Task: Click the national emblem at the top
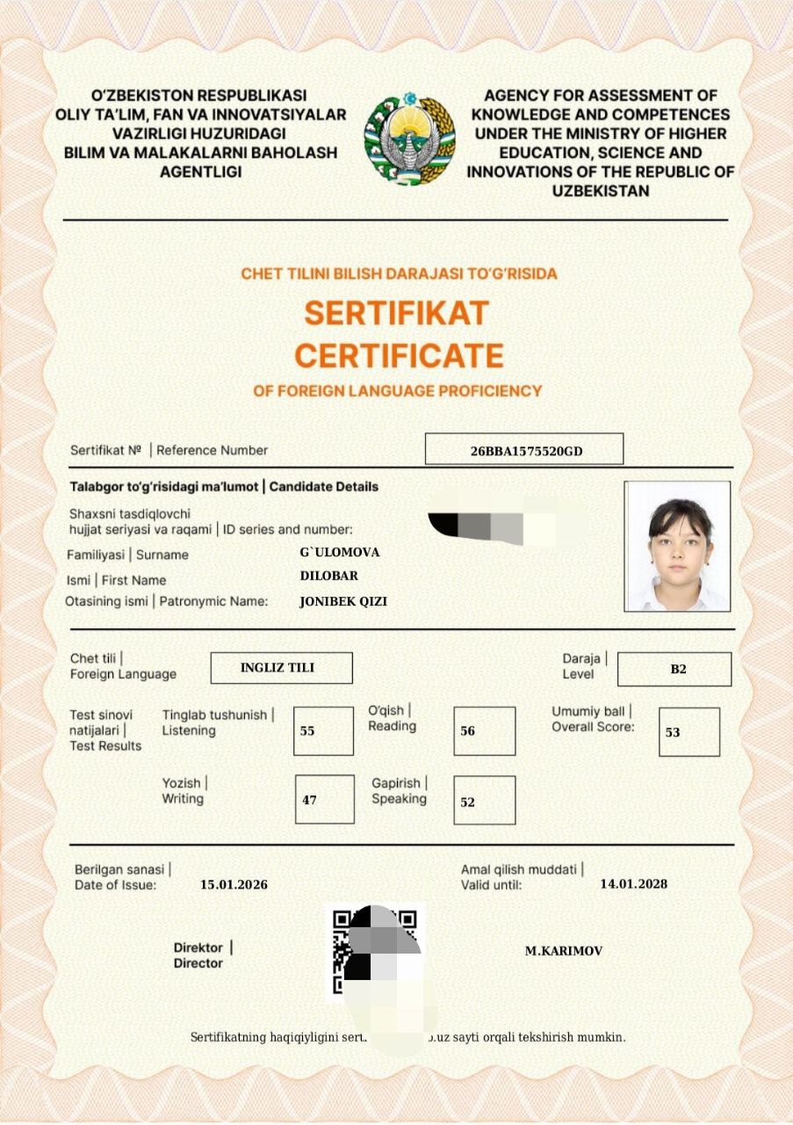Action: (409, 138)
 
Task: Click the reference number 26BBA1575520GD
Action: (524, 450)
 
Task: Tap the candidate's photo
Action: (676, 546)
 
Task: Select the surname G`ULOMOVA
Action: (340, 552)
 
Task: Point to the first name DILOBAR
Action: (329, 577)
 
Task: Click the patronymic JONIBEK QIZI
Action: (343, 602)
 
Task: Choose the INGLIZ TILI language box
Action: (281, 668)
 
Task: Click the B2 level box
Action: (674, 670)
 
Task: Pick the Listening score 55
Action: (323, 730)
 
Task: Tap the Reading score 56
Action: (484, 730)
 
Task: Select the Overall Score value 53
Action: (688, 731)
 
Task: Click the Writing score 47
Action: (324, 800)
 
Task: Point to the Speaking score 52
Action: (484, 802)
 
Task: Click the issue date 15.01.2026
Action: (234, 884)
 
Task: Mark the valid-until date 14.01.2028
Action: (633, 883)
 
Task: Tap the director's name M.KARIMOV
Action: (564, 951)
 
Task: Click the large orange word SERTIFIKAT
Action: (396, 312)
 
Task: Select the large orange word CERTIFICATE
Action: (399, 355)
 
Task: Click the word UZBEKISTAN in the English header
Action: (600, 190)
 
